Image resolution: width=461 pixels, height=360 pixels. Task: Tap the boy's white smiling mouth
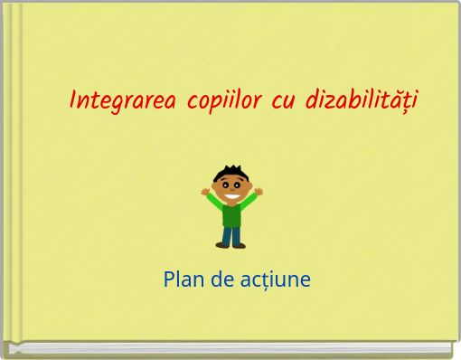pos(233,196)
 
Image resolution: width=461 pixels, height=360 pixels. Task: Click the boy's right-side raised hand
pos(259,191)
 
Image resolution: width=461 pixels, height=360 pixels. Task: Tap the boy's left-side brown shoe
pos(222,244)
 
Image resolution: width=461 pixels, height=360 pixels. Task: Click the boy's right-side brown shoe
pos(240,244)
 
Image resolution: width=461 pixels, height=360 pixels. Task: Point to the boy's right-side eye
pos(238,185)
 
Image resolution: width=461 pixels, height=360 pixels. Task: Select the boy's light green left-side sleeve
pos(215,203)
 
